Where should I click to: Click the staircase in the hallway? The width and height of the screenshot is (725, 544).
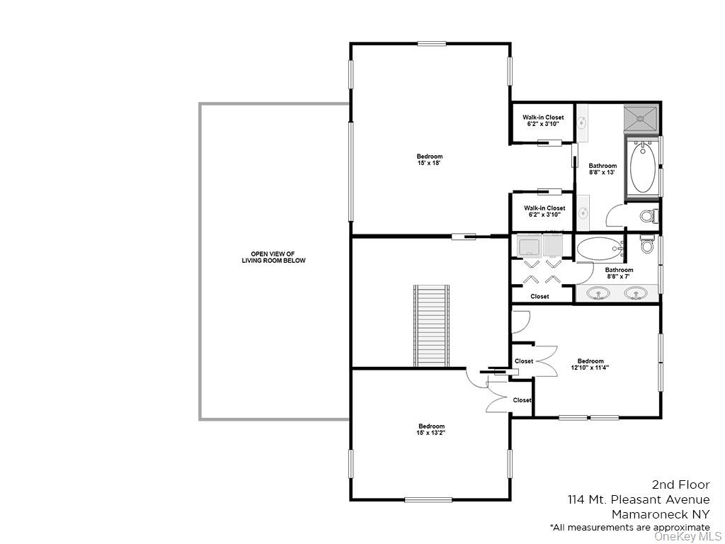click(431, 325)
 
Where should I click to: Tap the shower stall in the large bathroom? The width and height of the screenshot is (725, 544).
click(641, 119)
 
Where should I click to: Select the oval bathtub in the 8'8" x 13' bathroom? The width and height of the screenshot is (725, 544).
click(642, 166)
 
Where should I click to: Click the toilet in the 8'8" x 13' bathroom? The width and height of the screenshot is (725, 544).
click(647, 215)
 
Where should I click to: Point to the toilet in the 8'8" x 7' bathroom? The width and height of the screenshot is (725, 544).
click(647, 245)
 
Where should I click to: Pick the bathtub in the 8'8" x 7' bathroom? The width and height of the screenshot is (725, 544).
click(599, 249)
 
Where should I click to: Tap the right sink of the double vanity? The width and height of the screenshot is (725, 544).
click(636, 293)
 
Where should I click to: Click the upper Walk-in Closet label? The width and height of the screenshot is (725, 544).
click(543, 120)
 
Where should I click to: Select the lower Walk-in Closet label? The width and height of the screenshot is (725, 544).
click(544, 211)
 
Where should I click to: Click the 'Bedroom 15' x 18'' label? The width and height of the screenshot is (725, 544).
click(429, 160)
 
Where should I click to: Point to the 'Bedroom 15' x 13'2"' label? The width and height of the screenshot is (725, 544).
click(430, 429)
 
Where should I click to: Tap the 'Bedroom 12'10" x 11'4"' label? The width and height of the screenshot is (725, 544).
click(590, 364)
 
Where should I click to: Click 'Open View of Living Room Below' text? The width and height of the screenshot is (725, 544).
click(273, 257)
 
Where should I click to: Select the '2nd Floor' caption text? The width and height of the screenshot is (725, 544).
click(680, 485)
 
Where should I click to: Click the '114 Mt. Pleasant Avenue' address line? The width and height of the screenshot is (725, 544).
click(638, 500)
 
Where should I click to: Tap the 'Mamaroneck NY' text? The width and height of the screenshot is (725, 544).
click(660, 514)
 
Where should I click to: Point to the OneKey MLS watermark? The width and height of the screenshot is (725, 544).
click(687, 536)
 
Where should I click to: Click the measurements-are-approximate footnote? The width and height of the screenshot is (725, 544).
click(629, 528)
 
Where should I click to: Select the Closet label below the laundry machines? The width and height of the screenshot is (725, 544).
click(540, 297)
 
